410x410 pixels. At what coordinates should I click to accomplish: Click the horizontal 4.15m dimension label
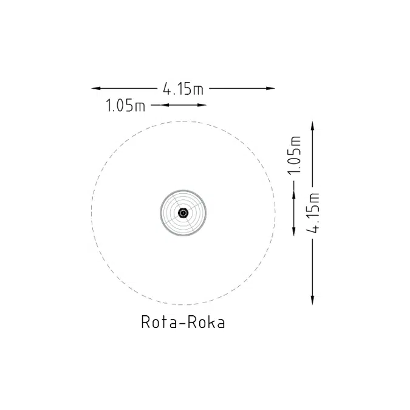pos(183,89)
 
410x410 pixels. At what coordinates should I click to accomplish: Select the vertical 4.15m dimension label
pos(313,211)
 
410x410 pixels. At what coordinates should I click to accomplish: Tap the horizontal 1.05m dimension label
pos(126,106)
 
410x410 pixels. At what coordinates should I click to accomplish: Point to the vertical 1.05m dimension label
pos(296,154)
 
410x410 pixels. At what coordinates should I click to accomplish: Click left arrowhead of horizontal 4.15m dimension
pos(95,89)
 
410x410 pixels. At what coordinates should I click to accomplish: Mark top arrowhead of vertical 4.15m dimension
pos(313,125)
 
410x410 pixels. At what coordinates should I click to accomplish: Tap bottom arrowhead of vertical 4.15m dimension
pos(313,301)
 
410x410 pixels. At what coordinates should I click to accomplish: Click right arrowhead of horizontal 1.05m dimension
pos(203,106)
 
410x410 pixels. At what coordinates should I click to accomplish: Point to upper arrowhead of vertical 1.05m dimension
pos(295,195)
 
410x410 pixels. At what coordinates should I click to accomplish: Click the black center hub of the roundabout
pos(183,213)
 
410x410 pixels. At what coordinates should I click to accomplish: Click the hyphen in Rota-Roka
pos(181,323)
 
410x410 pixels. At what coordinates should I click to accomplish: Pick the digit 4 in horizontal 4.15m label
pos(166,89)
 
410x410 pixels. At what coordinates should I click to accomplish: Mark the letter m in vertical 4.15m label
pos(313,198)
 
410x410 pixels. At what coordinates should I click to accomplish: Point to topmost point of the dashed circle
pos(183,121)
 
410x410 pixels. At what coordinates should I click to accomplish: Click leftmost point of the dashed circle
pos(92,213)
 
